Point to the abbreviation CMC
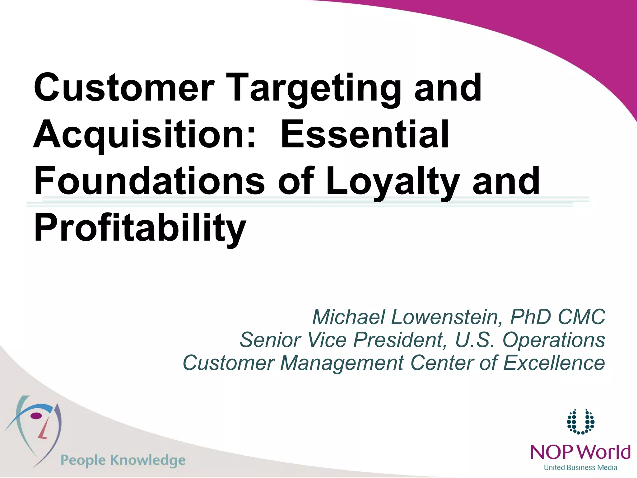[581, 317]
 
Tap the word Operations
[554, 340]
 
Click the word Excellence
[554, 363]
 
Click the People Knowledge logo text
[123, 460]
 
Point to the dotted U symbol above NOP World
[580, 422]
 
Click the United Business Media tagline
[580, 467]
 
